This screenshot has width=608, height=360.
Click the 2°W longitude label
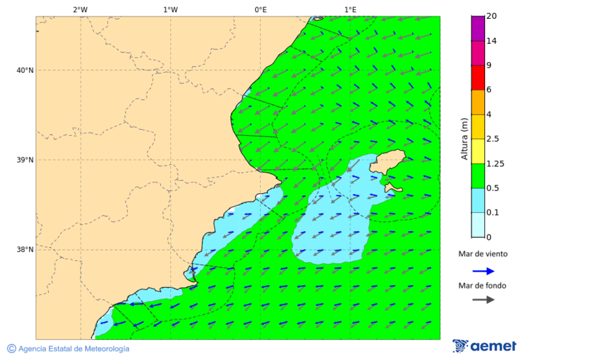coord(80,9)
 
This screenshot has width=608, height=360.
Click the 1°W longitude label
coord(170,9)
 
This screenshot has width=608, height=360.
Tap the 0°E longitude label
coord(260,9)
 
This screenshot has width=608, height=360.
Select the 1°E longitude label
coord(351,9)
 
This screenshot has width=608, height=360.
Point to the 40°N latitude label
coord(25,70)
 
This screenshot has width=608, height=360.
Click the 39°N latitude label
coord(25,160)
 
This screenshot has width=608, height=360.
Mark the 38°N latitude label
coord(25,250)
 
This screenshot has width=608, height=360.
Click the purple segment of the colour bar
coord(478,28)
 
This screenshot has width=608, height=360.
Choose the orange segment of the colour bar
coord(478,102)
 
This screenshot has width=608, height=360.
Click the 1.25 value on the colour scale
coord(496,163)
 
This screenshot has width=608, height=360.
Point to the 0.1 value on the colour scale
coord(493,213)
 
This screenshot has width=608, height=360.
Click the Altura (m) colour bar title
coord(464,138)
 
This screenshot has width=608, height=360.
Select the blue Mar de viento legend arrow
coord(483,271)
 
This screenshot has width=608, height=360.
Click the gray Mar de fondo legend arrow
coord(483,300)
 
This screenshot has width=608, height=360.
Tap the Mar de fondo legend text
coord(482,286)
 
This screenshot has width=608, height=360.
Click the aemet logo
coord(484,346)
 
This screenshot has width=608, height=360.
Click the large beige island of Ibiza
coord(388,162)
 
